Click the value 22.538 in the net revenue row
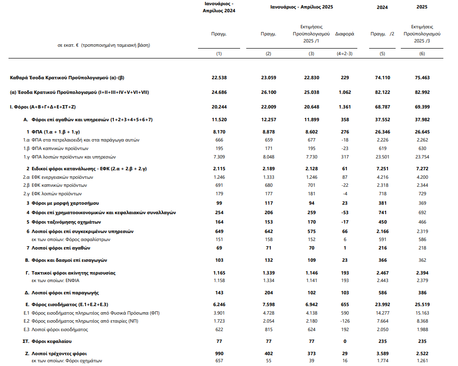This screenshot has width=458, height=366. (219, 77)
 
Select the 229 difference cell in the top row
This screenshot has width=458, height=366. (345, 77)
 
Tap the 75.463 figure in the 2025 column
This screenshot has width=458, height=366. (422, 77)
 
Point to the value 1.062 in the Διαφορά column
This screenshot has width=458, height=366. (345, 92)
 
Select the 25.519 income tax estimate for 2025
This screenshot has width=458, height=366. (422, 305)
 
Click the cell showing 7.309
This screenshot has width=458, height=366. (219, 157)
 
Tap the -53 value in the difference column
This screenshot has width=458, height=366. (345, 213)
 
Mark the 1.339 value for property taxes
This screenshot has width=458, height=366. (268, 273)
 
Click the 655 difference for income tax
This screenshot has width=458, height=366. (345, 305)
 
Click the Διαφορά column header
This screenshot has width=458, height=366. (345, 34)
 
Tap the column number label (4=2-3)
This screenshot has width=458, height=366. (345, 53)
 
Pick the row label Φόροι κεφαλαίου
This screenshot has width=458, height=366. (52, 341)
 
